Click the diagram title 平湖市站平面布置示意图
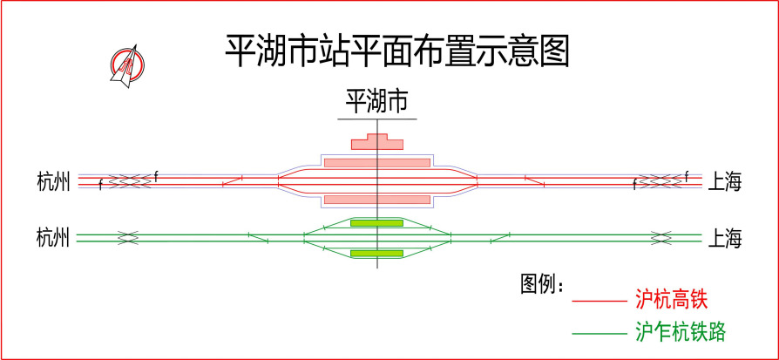click(x=397, y=51)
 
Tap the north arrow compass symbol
click(x=128, y=65)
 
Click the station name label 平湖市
click(x=377, y=102)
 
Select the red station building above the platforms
click(x=377, y=142)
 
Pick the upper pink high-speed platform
click(x=377, y=163)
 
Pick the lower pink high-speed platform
click(x=377, y=200)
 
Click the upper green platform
click(x=376, y=223)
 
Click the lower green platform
click(x=376, y=254)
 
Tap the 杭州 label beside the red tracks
click(x=53, y=181)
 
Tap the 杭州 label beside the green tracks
click(x=53, y=238)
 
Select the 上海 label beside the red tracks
click(x=724, y=182)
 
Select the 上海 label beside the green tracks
click(x=724, y=239)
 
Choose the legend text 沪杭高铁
click(x=671, y=301)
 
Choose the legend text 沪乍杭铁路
click(x=681, y=331)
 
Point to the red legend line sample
click(x=599, y=302)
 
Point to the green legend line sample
click(x=599, y=333)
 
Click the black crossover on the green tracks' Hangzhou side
click(x=128, y=238)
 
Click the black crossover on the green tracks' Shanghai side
click(x=661, y=238)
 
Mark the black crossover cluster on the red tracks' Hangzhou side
click(x=129, y=181)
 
